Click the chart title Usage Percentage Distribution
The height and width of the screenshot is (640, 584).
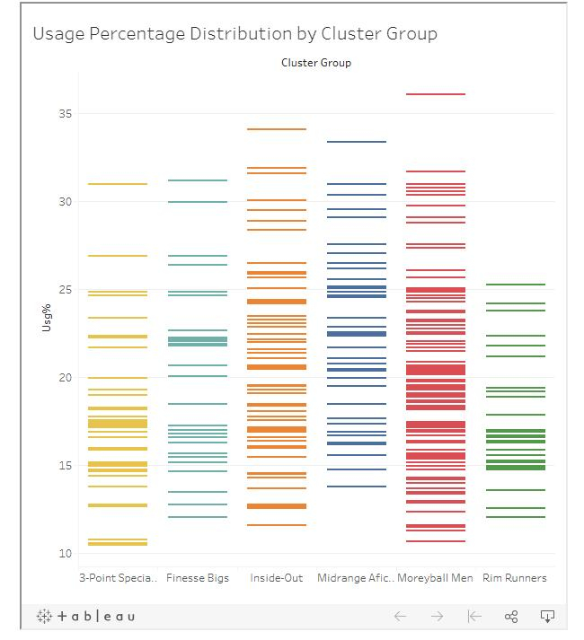(x=234, y=34)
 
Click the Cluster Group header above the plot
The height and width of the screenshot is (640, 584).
(x=315, y=63)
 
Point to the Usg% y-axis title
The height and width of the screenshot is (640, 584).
(x=47, y=319)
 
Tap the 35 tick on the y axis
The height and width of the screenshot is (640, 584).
(x=65, y=114)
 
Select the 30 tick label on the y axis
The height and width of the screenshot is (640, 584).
(x=65, y=202)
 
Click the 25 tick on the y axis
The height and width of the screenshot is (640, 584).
(x=65, y=290)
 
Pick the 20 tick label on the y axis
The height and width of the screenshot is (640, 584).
(x=65, y=378)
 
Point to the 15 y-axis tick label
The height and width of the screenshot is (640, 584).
(x=65, y=466)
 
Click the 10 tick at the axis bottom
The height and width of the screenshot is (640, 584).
(x=65, y=554)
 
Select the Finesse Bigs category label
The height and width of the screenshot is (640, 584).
(x=197, y=578)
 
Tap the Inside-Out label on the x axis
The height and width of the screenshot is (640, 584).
(x=276, y=578)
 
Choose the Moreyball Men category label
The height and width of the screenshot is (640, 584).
(x=435, y=578)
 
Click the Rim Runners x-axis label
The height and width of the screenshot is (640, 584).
(x=514, y=578)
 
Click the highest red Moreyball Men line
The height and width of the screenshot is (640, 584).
(x=435, y=94)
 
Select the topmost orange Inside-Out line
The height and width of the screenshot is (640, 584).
(x=276, y=129)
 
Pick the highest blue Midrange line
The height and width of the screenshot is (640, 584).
(x=356, y=142)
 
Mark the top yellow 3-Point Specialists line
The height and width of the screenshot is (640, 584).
(x=118, y=184)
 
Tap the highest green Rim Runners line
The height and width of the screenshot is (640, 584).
(x=514, y=285)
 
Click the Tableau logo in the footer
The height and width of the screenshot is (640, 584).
(x=86, y=616)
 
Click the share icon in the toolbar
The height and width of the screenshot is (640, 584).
(x=511, y=616)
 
